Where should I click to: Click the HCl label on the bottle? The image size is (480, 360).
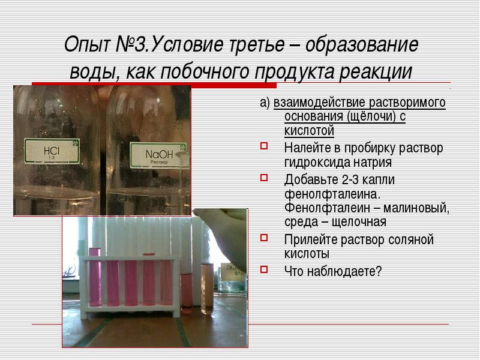pos(52,151)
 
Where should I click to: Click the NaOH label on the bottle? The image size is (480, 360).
pos(158,155)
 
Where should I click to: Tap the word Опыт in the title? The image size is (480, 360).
pos(87,44)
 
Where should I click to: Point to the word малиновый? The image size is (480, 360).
pos(416,208)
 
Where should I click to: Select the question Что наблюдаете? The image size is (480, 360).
pos(333,271)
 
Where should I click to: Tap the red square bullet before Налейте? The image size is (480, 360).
pos(264,145)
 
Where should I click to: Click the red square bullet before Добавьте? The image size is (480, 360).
pos(264,177)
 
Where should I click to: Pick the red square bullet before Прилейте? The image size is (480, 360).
pos(264,237)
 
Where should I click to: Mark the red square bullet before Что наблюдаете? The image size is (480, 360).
pos(264,269)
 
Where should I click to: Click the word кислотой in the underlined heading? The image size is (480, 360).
pos(309,131)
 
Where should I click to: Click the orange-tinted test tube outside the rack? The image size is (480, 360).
pos(207,289)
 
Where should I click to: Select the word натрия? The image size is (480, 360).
pos(373,162)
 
